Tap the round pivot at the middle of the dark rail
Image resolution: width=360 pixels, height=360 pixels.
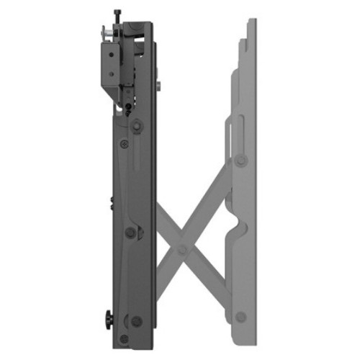point(130,232)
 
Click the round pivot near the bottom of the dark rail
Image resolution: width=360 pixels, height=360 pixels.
point(137,321)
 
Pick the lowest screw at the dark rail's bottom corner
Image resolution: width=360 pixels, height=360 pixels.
point(124,338)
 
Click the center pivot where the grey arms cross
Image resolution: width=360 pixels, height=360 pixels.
point(182,249)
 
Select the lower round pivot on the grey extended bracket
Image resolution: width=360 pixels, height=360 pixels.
point(240,316)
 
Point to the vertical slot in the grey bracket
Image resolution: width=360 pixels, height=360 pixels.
point(229,133)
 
